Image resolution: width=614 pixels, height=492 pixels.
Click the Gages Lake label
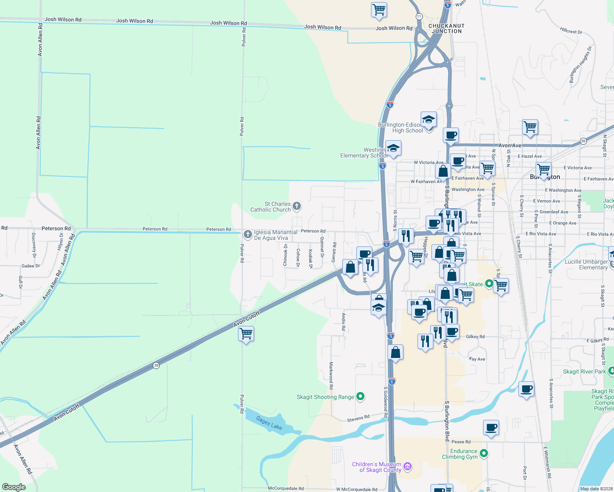coord(269,423)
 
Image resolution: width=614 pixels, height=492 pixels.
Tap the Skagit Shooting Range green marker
coord(360,396)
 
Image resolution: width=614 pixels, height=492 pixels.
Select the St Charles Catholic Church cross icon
coord(297,206)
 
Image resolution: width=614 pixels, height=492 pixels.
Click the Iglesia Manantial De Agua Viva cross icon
coord(247,235)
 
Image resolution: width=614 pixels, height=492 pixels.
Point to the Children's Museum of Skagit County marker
coord(408,467)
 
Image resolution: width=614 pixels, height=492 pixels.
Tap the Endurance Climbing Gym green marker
coord(484,453)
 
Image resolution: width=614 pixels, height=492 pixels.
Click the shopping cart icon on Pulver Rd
coord(246,334)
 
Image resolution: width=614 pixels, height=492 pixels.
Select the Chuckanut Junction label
coord(447,28)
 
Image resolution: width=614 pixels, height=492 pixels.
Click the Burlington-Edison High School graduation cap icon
coord(428,120)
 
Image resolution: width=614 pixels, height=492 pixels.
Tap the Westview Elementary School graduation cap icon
coord(393,148)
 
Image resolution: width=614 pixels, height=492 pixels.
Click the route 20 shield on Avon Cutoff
coord(156,365)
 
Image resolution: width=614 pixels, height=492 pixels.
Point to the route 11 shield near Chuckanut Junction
coord(419,16)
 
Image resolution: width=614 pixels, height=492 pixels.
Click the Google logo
coord(14,487)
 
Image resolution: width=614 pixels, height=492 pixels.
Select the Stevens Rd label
coord(358,418)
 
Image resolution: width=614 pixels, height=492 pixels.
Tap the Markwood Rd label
coord(331,375)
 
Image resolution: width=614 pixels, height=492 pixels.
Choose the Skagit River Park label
coord(584,371)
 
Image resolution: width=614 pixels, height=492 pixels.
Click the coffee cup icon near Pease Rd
coord(491,428)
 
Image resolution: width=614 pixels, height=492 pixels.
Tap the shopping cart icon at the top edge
coord(379,10)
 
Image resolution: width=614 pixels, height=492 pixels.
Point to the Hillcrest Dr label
coord(571,30)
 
